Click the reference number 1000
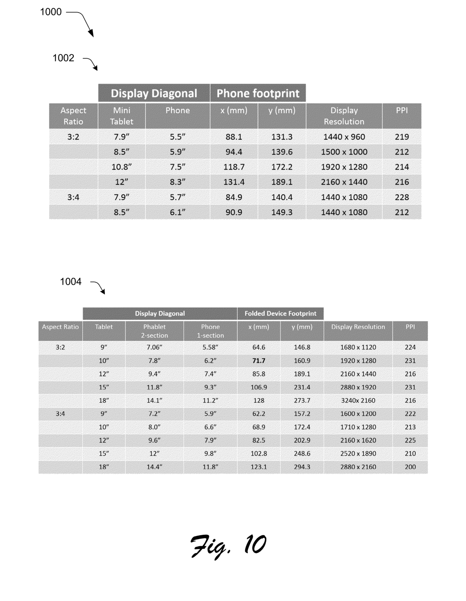click(x=51, y=12)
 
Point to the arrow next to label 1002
click(x=91, y=63)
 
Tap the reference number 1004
click(x=71, y=282)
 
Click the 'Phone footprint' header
click(x=258, y=93)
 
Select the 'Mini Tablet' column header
click(x=122, y=116)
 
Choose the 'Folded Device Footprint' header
click(x=280, y=313)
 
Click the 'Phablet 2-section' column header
click(x=154, y=331)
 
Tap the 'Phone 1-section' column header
click(x=210, y=331)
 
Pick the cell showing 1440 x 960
click(x=344, y=137)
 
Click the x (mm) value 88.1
click(x=234, y=137)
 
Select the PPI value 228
click(x=402, y=197)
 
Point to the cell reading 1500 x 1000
click(x=344, y=152)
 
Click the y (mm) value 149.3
click(x=282, y=212)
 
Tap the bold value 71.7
click(x=259, y=361)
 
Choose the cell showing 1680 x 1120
click(x=358, y=347)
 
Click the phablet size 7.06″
click(x=154, y=347)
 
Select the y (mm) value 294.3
click(x=302, y=467)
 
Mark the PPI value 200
click(x=410, y=467)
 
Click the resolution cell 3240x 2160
click(x=358, y=400)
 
